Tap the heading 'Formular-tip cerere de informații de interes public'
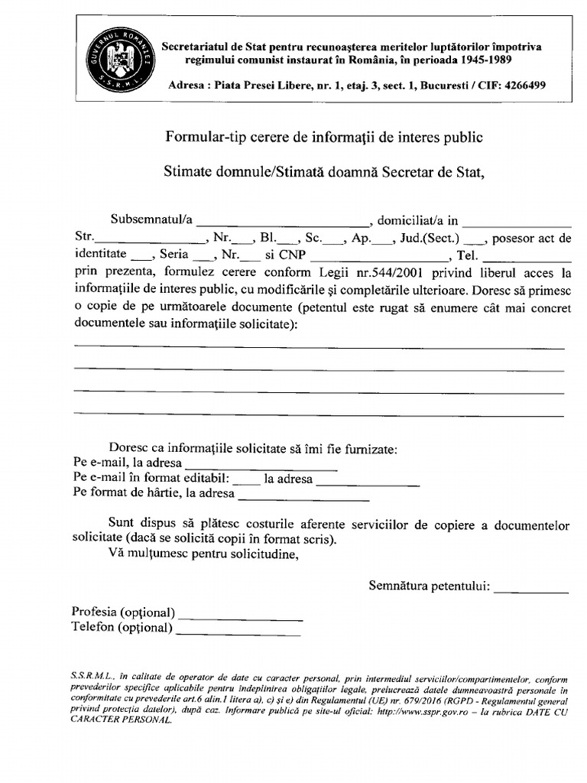point(325,138)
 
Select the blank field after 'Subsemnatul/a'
point(282,221)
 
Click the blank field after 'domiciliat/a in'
point(516,221)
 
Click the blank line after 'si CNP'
point(380,256)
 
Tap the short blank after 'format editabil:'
point(246,479)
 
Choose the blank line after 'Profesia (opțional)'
point(241,613)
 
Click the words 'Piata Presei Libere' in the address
point(264,86)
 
